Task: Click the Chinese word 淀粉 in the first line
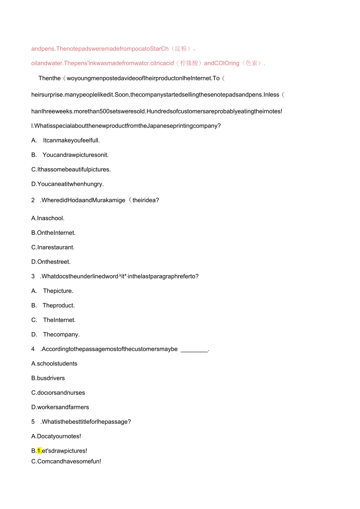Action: (x=181, y=49)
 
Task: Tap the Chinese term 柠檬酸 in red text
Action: (x=189, y=63)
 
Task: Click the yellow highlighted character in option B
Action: (x=40, y=451)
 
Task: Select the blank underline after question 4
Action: (x=194, y=349)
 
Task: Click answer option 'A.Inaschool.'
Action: (x=48, y=218)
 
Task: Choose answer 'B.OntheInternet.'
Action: (x=53, y=233)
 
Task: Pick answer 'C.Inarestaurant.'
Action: (x=53, y=247)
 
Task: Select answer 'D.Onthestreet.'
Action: (x=51, y=262)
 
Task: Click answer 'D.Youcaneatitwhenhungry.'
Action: (x=67, y=184)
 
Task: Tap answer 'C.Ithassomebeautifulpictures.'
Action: (x=71, y=169)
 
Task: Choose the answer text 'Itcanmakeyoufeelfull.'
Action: (x=72, y=140)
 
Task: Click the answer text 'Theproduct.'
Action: (x=59, y=306)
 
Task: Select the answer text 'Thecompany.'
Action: (x=61, y=335)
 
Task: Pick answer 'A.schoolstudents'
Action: (x=54, y=364)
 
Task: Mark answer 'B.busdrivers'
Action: (x=48, y=378)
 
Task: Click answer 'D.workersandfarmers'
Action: (x=60, y=407)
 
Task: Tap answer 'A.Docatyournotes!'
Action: (x=56, y=436)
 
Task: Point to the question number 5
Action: (x=33, y=422)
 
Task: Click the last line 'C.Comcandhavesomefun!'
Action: (x=66, y=461)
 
